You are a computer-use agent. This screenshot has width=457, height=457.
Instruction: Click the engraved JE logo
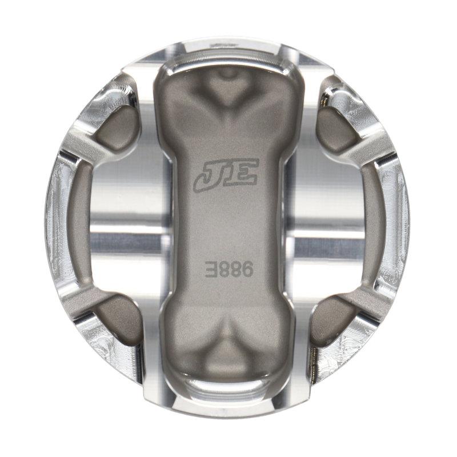point(226,174)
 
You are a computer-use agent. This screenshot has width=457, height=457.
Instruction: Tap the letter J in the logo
point(208,175)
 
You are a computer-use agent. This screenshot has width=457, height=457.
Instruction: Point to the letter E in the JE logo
point(242,171)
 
